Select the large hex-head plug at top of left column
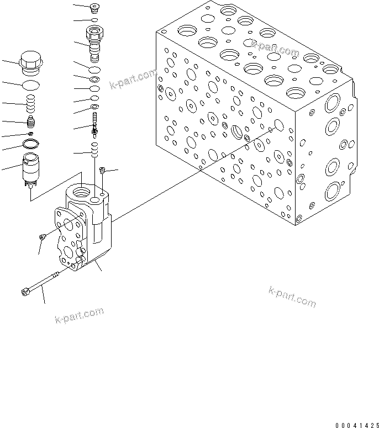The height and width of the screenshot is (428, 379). [x=30, y=62]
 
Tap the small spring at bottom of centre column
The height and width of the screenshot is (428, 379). [x=95, y=149]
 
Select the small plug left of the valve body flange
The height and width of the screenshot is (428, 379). [x=42, y=237]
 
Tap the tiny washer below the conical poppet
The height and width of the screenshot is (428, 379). [x=31, y=134]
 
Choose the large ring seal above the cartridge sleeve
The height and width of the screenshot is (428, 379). [x=31, y=145]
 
